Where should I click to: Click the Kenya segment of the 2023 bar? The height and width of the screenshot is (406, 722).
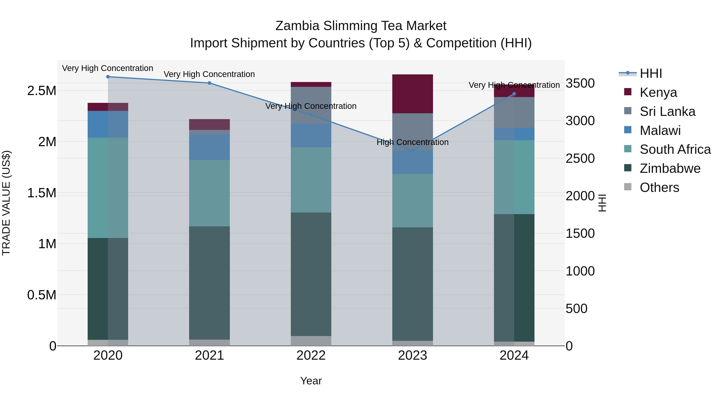(412, 94)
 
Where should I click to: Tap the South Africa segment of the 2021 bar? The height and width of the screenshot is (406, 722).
(209, 193)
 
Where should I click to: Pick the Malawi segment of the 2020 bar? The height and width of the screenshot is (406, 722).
(108, 124)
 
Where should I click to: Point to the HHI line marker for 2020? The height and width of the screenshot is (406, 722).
(108, 77)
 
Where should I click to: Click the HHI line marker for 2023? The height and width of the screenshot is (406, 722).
(412, 151)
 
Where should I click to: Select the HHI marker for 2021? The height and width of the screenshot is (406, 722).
(209, 83)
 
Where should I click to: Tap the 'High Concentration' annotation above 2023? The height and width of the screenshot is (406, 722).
(412, 142)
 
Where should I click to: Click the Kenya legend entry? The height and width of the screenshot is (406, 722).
(658, 92)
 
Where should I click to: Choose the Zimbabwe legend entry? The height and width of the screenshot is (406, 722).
(670, 168)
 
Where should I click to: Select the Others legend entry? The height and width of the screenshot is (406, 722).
(659, 187)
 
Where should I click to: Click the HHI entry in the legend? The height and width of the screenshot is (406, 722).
(651, 73)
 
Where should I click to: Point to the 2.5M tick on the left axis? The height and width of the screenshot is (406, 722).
(42, 91)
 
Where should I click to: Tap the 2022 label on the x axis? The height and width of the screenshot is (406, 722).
(311, 355)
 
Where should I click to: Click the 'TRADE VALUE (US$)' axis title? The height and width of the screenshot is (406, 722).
(6, 203)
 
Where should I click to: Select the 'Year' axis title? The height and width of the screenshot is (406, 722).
(311, 381)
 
